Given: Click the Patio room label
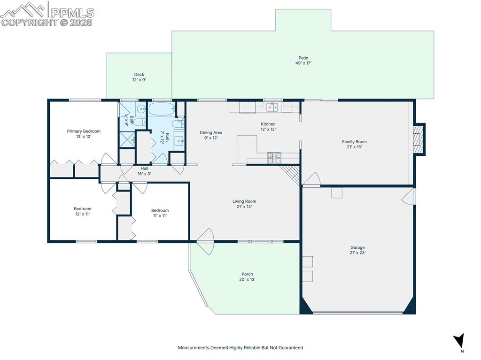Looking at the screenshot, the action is pos(303,58).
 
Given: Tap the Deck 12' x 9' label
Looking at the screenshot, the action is pos(139,77).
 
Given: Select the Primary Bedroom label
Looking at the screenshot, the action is pos(84,131).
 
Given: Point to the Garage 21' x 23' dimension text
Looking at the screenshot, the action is pos(357,253).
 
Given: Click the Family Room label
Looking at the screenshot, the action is pos(354,142).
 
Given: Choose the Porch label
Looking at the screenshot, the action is pos(247,274).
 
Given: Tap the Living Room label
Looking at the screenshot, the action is pos(244,201).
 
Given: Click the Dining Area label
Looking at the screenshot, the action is pos(211,132).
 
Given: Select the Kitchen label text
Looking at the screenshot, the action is pos(268,124).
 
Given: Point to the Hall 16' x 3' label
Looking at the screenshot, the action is pos(144,171).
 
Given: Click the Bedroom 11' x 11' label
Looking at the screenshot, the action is pos(160,213).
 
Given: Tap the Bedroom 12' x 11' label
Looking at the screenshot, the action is pos(83,211).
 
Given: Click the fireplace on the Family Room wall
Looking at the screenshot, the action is pos(419,139).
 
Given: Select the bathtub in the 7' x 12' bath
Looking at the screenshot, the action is pos(162,109).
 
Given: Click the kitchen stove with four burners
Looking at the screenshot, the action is pos(274,158).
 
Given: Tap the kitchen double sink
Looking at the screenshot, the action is pos(272,107).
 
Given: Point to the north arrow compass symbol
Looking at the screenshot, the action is pos(459,341).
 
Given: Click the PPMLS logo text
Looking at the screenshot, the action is pos(72,13).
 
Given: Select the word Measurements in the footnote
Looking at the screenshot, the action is pos(194,348).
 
